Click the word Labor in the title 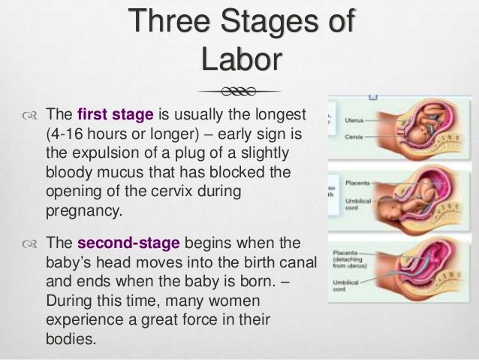point(239,59)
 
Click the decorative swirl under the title point(239,92)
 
